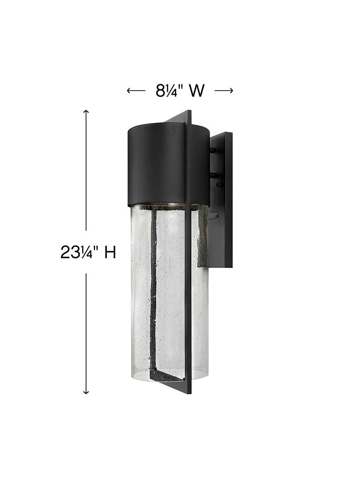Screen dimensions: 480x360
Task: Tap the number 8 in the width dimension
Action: [x=159, y=91]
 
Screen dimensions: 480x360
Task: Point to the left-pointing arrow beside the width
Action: [x=136, y=90]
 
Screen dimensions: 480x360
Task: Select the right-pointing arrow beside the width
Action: [x=223, y=90]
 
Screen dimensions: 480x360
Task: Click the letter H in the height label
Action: [x=110, y=252]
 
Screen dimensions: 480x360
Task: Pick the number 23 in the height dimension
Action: [x=70, y=252]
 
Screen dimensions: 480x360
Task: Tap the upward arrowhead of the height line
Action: [x=86, y=112]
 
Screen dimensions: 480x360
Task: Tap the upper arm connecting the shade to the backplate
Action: [x=214, y=150]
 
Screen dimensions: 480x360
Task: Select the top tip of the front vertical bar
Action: [x=189, y=112]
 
